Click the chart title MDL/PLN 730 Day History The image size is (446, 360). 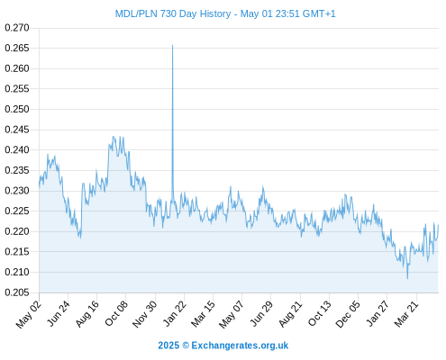(173, 13)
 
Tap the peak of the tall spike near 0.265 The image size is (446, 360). (172, 45)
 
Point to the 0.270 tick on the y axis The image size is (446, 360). (17, 28)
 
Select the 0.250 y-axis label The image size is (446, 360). (17, 109)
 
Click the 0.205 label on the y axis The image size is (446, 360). (17, 292)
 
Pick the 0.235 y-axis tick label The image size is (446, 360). (17, 170)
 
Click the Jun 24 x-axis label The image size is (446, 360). (59, 313)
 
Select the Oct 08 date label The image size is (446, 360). (116, 313)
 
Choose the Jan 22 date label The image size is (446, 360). (175, 313)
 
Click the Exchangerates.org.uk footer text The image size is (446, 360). (240, 346)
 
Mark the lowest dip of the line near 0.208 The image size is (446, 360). (407, 278)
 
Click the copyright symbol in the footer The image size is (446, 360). (186, 346)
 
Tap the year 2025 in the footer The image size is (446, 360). (168, 346)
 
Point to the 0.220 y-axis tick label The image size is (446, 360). (17, 231)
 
